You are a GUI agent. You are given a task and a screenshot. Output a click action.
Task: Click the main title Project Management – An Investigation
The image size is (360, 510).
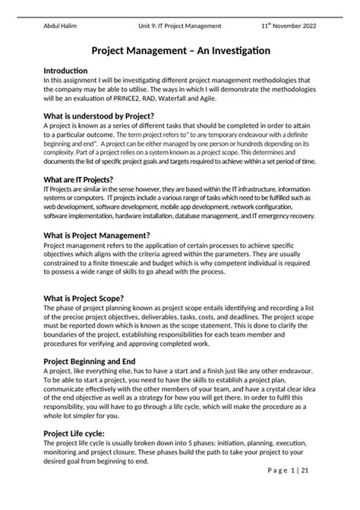pyautogui.click(x=179, y=51)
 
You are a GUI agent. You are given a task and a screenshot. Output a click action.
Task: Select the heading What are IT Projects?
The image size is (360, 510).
pyautogui.click(x=83, y=179)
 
